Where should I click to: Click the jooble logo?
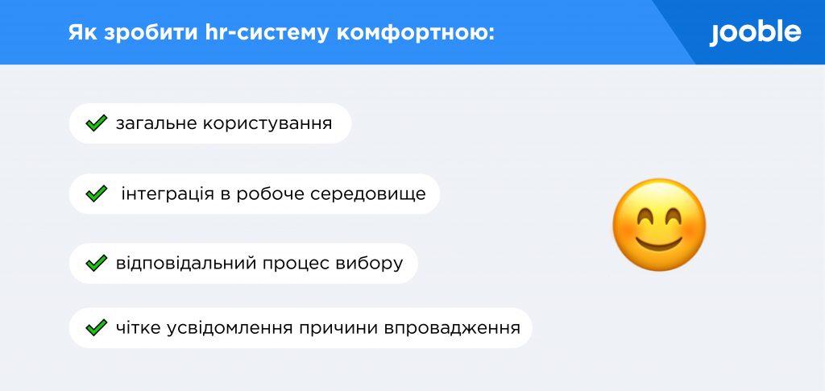[x=755, y=33]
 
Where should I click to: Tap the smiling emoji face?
[x=659, y=225]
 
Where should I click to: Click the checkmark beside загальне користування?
[x=97, y=123]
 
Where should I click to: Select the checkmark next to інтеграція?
[x=97, y=193]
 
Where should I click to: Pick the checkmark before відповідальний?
[x=97, y=263]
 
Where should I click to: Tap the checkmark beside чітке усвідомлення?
[x=97, y=328]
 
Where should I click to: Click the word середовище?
[x=367, y=194]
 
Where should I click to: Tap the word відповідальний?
[x=183, y=263]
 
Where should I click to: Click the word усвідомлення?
[x=230, y=328]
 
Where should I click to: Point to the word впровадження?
[x=452, y=328]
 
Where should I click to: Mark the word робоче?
[x=269, y=194]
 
